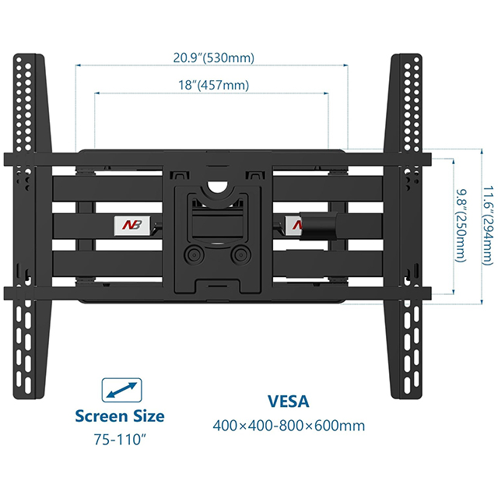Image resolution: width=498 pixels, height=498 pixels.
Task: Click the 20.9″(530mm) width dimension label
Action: (x=214, y=58)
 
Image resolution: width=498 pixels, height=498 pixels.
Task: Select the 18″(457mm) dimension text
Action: (x=213, y=86)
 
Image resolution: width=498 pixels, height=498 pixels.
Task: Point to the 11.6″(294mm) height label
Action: (x=489, y=226)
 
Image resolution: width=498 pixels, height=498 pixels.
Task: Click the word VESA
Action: (x=289, y=402)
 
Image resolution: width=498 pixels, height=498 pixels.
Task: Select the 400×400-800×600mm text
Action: (x=289, y=426)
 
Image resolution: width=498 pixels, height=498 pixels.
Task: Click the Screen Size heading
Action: (x=120, y=416)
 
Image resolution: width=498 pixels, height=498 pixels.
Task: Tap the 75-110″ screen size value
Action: (x=120, y=440)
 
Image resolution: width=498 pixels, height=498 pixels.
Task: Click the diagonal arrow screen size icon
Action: (x=121, y=390)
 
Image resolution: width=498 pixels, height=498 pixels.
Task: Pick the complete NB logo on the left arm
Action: (x=132, y=225)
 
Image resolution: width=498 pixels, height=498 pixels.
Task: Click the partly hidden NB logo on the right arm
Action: (x=293, y=225)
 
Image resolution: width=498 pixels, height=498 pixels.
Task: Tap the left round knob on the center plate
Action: (x=194, y=255)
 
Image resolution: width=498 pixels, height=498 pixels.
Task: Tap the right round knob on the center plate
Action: (x=240, y=255)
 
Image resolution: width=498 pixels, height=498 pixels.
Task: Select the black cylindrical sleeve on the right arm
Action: (x=319, y=226)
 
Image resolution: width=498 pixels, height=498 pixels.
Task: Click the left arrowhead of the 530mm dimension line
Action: (x=78, y=65)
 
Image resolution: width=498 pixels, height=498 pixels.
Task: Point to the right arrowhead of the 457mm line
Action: (x=326, y=93)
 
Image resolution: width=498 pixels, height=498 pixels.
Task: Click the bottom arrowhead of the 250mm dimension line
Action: (x=453, y=292)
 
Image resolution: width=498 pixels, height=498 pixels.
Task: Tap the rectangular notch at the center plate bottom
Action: (x=218, y=285)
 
